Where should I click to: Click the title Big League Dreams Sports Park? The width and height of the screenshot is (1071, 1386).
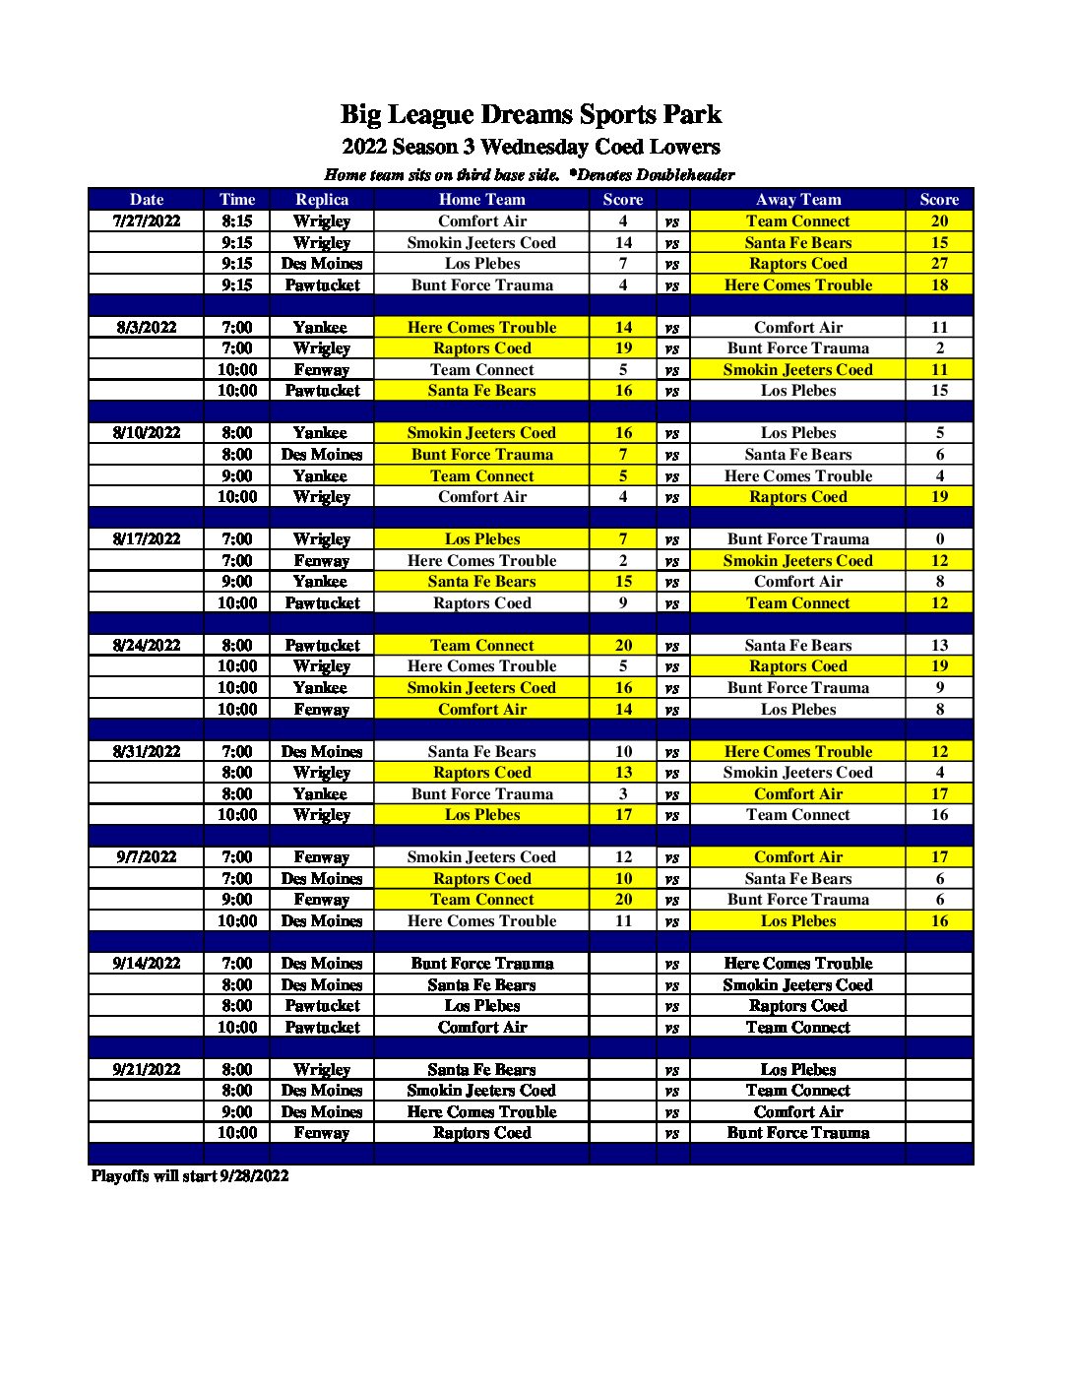pyautogui.click(x=531, y=115)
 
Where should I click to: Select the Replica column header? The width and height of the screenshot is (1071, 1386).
pyautogui.click(x=322, y=200)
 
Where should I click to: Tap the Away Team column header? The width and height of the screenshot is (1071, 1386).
pyautogui.click(x=797, y=200)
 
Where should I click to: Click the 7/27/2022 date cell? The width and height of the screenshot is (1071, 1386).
pyautogui.click(x=147, y=221)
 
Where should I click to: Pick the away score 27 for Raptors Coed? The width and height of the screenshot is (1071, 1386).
pyautogui.click(x=939, y=264)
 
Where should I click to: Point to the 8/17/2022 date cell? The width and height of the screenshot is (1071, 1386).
pyautogui.click(x=147, y=539)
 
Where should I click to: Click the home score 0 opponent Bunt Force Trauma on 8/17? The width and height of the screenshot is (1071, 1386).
pyautogui.click(x=939, y=539)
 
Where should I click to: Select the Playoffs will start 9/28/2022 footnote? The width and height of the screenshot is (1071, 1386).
pyautogui.click(x=190, y=1176)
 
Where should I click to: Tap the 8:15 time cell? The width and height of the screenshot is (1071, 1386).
pyautogui.click(x=236, y=221)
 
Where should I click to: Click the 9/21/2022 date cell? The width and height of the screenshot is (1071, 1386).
pyautogui.click(x=147, y=1070)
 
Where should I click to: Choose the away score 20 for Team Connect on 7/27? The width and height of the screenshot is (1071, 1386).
pyautogui.click(x=939, y=221)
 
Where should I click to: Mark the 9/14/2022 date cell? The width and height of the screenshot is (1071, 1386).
pyautogui.click(x=147, y=964)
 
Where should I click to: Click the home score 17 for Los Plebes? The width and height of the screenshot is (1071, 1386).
pyautogui.click(x=623, y=815)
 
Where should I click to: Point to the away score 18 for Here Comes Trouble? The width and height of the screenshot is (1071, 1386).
pyautogui.click(x=939, y=285)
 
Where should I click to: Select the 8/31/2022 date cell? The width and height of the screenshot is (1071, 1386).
pyautogui.click(x=147, y=752)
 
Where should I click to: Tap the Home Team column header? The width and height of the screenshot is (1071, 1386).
pyautogui.click(x=481, y=200)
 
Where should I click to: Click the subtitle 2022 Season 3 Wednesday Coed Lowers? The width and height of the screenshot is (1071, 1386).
pyautogui.click(x=531, y=148)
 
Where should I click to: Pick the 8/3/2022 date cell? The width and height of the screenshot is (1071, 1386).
pyautogui.click(x=147, y=328)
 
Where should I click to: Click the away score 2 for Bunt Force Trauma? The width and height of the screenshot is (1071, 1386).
pyautogui.click(x=939, y=348)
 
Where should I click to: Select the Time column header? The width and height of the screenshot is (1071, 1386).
pyautogui.click(x=236, y=200)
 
